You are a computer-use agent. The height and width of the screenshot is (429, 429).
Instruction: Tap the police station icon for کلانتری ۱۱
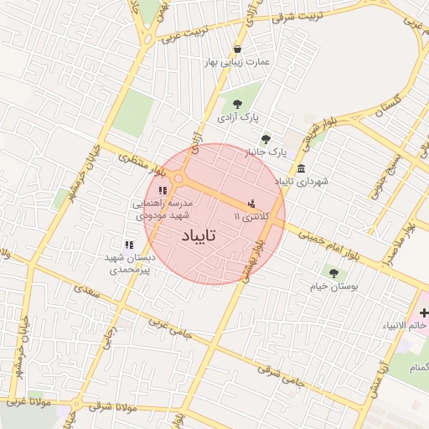click(251, 204)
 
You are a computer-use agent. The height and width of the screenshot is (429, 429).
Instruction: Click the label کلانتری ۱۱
click(254, 217)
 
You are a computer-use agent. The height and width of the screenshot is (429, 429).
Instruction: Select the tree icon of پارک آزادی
click(237, 106)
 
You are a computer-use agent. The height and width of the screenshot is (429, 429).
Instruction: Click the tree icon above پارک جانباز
click(266, 139)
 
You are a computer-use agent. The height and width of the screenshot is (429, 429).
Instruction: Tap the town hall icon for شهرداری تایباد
click(301, 168)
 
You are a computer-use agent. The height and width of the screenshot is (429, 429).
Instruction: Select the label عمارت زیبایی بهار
click(239, 62)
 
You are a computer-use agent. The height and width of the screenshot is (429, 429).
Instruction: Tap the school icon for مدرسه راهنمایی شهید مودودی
click(162, 191)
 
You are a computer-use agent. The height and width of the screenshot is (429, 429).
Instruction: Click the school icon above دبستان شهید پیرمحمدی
click(128, 245)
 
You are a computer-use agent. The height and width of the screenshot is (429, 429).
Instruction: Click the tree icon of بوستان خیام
click(333, 272)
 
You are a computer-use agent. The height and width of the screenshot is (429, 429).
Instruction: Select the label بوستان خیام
click(333, 287)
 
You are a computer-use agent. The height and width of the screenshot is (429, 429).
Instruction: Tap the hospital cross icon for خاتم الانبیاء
click(423, 312)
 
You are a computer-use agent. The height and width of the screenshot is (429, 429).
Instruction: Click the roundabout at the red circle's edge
click(178, 178)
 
